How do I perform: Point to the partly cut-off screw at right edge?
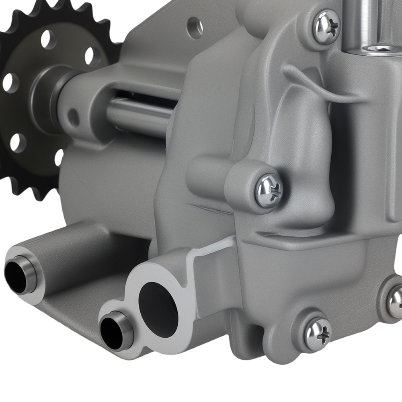coord(396,303)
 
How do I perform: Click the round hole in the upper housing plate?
coord(195,28)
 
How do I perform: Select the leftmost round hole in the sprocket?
coord(10,83)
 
